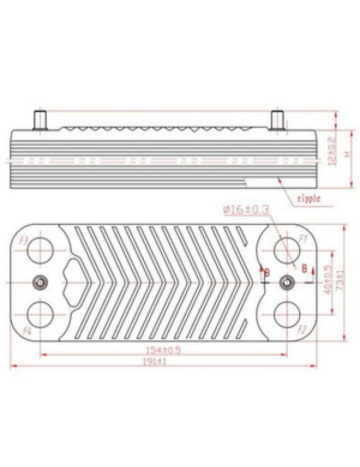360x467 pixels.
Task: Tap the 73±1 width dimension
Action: pyautogui.click(x=340, y=282)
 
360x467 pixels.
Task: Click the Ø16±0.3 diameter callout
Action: pyautogui.click(x=246, y=209)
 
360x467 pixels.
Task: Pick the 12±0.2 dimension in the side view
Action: pyautogui.click(x=331, y=151)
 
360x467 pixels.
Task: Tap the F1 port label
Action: pyautogui.click(x=303, y=239)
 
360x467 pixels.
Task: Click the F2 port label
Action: pyautogui.click(x=302, y=330)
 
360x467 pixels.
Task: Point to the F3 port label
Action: pyautogui.click(x=25, y=241)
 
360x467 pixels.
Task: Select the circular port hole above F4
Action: pyautogui.click(x=40, y=314)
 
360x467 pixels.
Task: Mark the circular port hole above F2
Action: pyautogui.click(x=286, y=314)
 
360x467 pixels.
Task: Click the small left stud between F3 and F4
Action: pyautogui.click(x=40, y=282)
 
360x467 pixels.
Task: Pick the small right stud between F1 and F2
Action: pyautogui.click(x=286, y=282)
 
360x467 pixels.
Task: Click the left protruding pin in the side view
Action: pyautogui.click(x=40, y=121)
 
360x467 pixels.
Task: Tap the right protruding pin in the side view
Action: pyautogui.click(x=277, y=121)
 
